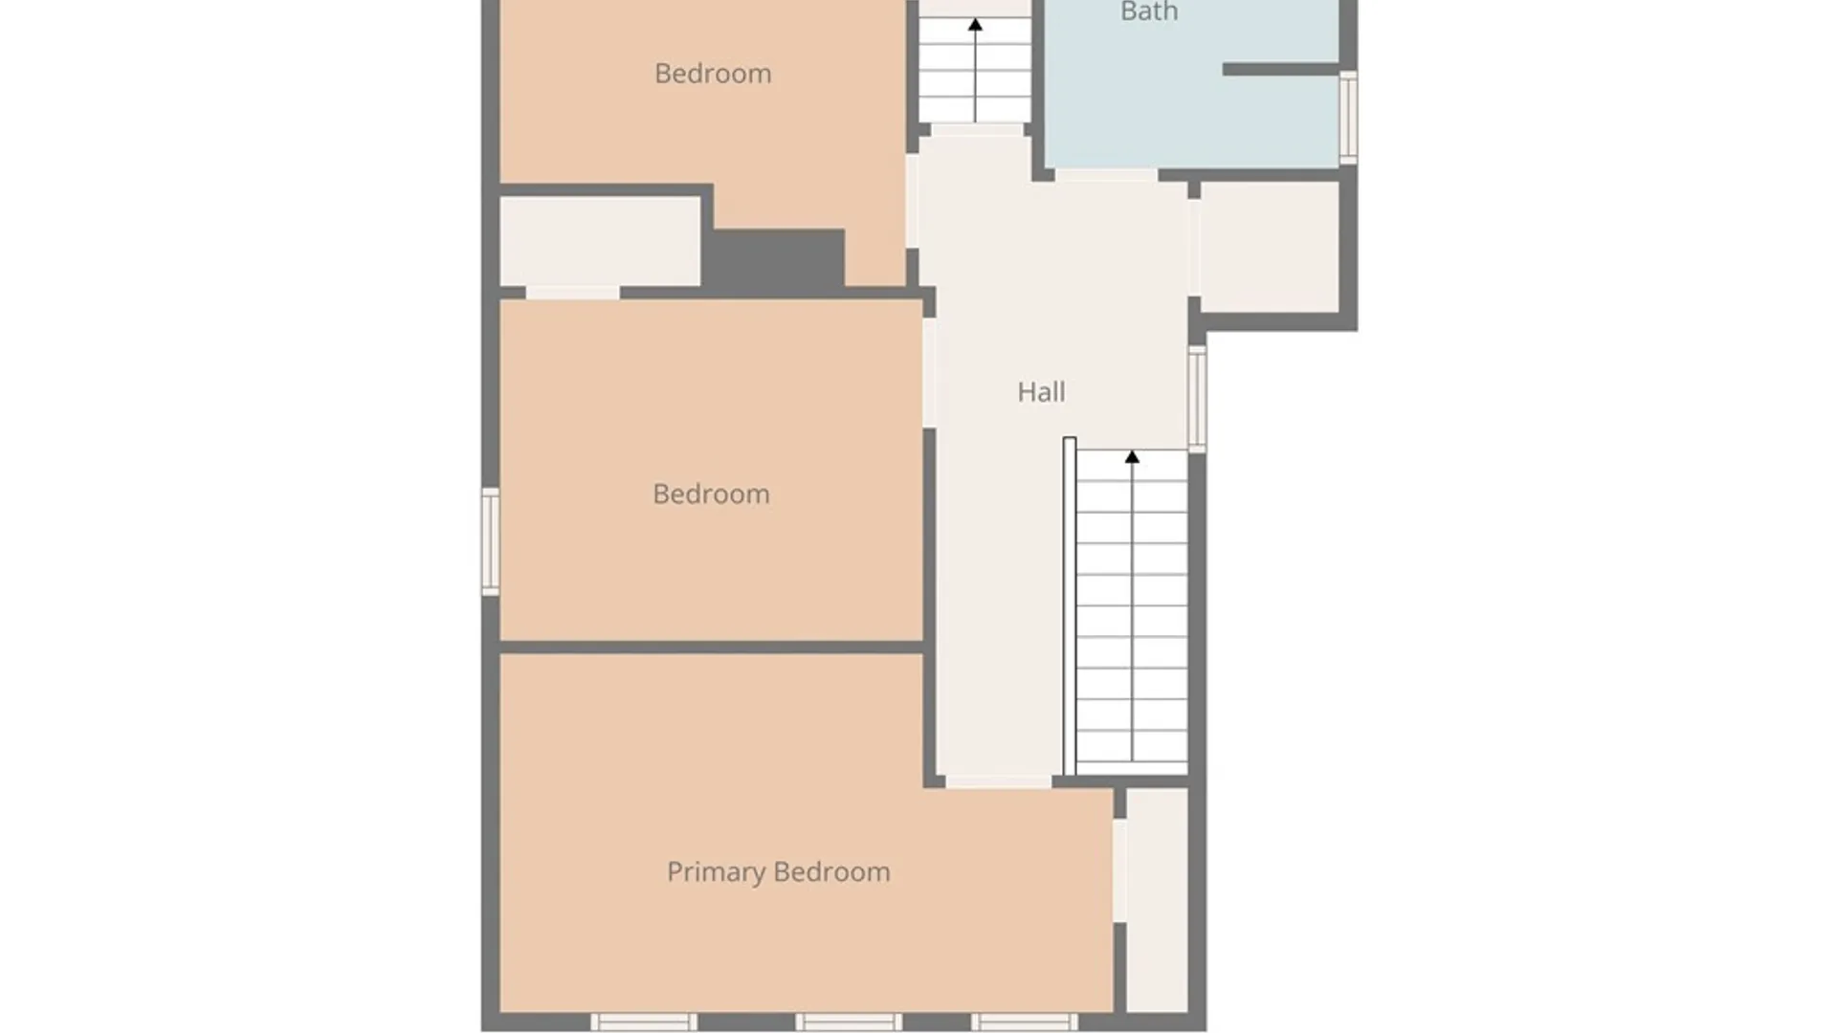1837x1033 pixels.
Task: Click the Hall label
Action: pos(1041,392)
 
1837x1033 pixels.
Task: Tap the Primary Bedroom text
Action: pos(778,872)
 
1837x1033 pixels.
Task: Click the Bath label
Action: pos(1148,12)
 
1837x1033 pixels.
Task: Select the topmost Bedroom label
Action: pos(713,74)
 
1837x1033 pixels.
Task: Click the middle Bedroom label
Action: pos(711,495)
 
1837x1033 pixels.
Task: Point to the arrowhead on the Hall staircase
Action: pos(1132,457)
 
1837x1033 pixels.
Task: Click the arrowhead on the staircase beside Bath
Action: pos(975,25)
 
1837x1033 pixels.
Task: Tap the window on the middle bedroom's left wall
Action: pos(490,541)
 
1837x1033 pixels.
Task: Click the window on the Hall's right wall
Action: pos(1197,398)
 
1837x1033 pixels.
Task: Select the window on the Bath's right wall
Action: pos(1347,117)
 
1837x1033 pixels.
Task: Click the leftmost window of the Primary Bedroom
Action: pos(643,1022)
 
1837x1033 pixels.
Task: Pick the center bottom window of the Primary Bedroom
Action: pos(849,1022)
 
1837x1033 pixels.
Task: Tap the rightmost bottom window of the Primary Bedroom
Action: pos(1025,1022)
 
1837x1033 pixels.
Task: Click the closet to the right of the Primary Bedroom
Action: pos(1158,899)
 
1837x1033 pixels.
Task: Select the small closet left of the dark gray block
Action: pos(600,241)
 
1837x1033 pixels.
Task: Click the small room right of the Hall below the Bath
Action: pos(1269,247)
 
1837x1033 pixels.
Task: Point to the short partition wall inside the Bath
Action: pos(1280,69)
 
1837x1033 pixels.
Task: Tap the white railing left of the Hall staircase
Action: pos(1070,606)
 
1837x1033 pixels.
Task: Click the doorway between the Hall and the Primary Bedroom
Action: pos(998,782)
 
